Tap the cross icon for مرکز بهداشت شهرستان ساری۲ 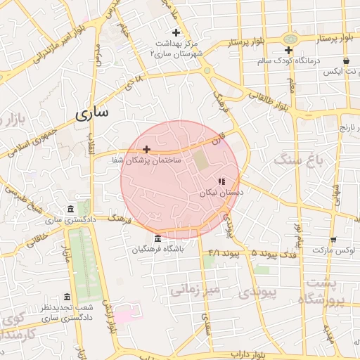coord(176,32)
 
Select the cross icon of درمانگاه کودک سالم coord(288,50)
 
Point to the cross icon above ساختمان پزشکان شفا coord(146,149)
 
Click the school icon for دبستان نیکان coord(221,181)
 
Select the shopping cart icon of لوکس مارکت coord(333,239)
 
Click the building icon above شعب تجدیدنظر coord(67,297)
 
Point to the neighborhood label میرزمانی coord(197,289)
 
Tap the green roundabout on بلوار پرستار coord(289,38)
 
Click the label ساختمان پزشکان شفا coord(146,160)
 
